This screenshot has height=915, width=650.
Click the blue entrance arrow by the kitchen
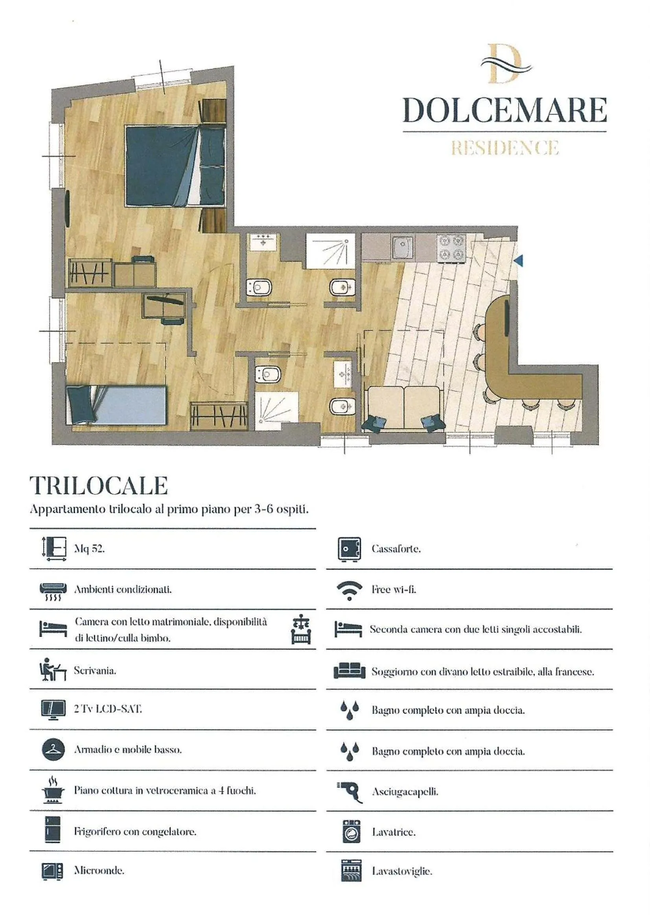519,261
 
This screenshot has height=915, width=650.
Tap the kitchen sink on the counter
402,248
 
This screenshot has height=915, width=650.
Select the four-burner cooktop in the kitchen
451,248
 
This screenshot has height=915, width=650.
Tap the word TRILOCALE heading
99,486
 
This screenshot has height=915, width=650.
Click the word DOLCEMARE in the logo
504,110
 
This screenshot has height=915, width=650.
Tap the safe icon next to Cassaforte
349,549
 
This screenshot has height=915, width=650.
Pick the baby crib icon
301,630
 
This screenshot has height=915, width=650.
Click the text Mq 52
89,549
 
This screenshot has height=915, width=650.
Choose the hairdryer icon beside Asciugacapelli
350,791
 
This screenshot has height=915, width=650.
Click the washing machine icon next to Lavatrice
351,832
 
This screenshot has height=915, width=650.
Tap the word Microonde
99,871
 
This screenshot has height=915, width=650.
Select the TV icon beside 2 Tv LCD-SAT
53,710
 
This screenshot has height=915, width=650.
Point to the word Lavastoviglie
402,871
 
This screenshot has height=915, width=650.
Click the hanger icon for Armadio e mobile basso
53,749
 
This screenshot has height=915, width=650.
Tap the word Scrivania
95,671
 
